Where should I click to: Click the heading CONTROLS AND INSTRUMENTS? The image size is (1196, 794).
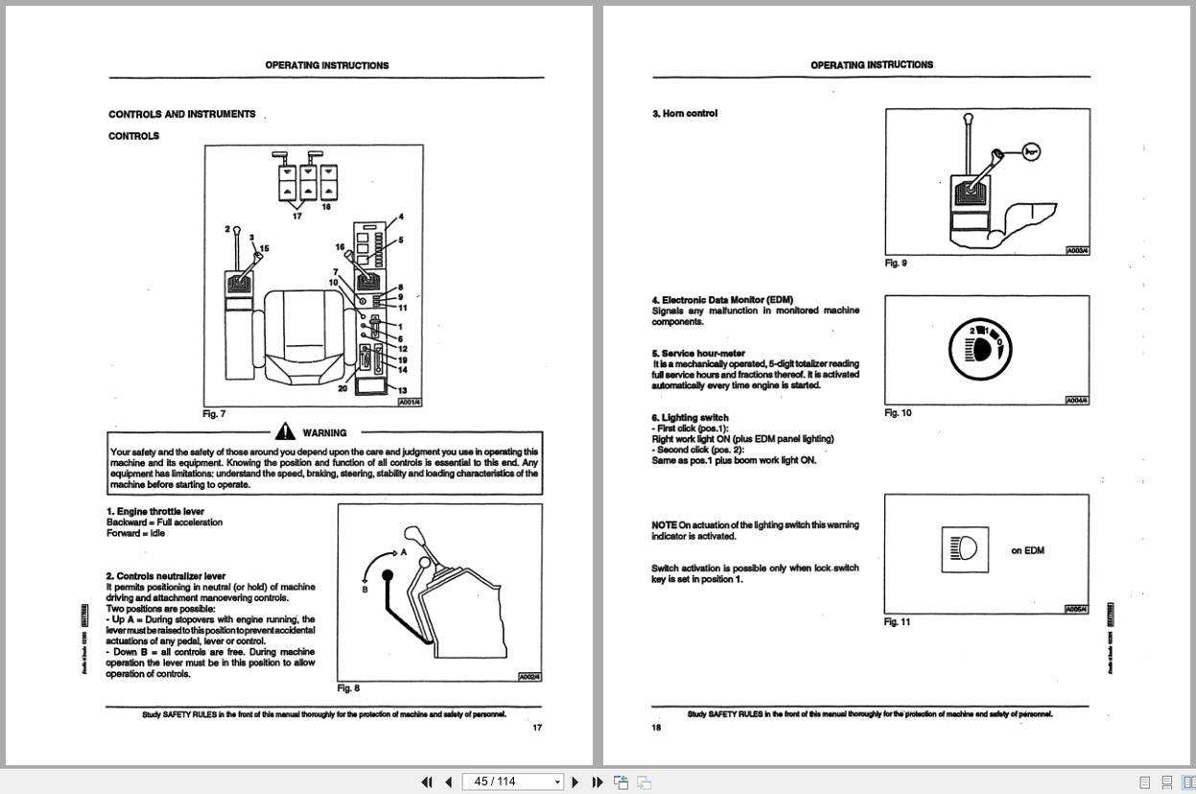pos(182,114)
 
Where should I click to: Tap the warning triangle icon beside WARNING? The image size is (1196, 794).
pos(285,432)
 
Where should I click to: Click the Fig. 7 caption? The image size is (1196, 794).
pos(214,414)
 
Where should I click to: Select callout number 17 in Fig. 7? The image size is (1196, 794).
pos(297,216)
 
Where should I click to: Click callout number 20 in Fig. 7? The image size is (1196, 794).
pos(342,388)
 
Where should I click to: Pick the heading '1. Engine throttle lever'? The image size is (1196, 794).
pos(155,511)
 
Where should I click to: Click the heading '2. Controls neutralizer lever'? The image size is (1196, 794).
pos(166,576)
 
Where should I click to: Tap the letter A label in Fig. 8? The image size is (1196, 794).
pos(404,552)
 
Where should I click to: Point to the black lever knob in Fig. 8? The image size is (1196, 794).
pos(387,576)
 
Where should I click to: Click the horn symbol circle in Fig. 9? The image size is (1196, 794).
pos(1031,152)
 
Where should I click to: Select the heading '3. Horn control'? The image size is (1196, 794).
pos(685,113)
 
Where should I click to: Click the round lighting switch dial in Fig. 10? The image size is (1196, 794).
pos(979,347)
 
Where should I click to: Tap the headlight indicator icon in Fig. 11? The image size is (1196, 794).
pos(964,549)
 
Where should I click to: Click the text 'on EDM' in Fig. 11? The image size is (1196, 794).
pos(1027,550)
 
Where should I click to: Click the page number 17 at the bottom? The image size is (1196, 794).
pos(537,727)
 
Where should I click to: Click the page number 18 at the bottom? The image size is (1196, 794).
pos(657,727)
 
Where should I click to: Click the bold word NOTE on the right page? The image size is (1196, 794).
pos(664,525)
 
